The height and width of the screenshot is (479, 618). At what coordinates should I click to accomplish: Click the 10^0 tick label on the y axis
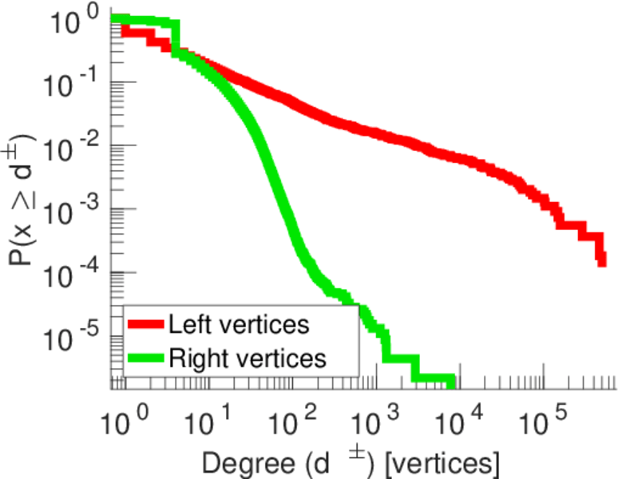(77, 22)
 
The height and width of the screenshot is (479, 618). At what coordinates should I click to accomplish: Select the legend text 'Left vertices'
(238, 325)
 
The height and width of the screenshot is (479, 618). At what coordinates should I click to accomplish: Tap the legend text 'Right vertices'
(247, 358)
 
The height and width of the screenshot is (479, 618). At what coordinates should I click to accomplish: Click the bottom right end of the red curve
(601, 260)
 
